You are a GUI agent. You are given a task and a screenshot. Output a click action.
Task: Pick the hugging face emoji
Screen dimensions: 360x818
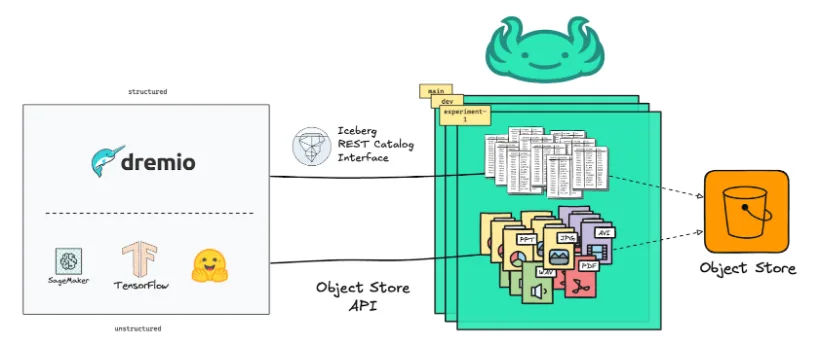211,263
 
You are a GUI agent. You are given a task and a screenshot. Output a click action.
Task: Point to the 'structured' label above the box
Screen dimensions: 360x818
147,91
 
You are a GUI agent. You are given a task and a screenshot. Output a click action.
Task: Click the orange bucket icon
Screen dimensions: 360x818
746,213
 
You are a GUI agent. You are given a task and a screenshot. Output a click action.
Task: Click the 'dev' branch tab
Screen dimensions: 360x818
447,102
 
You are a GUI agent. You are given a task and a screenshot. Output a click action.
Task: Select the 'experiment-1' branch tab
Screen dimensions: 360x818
462,118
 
